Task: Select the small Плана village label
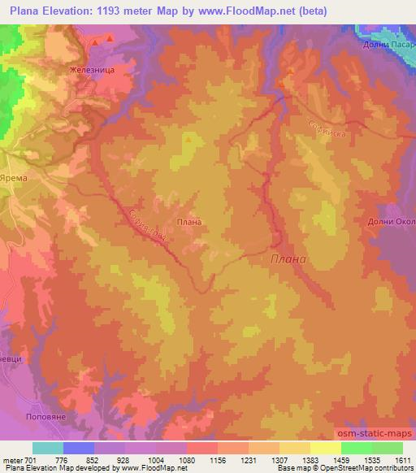pos(188,220)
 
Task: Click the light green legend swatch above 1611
pos(388,448)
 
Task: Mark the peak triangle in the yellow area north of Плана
pos(188,139)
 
